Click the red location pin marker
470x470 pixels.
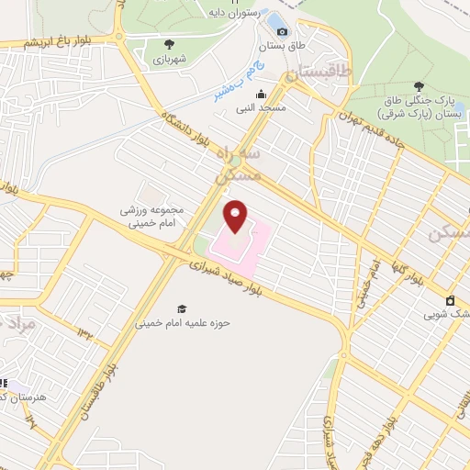click(x=237, y=215)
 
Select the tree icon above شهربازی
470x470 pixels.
click(x=168, y=44)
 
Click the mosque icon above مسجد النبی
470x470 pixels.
click(x=262, y=94)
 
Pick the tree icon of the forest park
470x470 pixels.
click(x=420, y=85)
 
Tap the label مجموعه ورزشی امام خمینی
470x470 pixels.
click(x=151, y=215)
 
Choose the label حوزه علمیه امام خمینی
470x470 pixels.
click(x=182, y=323)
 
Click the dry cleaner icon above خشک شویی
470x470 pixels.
click(x=452, y=300)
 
